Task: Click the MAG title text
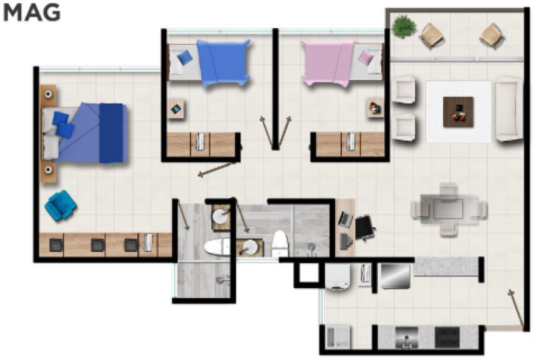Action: pos(31,13)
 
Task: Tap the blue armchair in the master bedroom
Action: pos(61,205)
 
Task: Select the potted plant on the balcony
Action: pos(404,26)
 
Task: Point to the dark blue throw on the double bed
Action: pos(111,133)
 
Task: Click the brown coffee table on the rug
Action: pos(458,112)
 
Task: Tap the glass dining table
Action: pos(448,209)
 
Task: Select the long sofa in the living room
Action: pos(508,109)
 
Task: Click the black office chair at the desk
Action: pos(364,227)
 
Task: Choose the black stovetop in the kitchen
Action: pos(447,337)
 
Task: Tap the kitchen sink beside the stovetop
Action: pos(406,337)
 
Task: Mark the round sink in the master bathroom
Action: pos(221,217)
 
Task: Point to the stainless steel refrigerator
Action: pos(395,276)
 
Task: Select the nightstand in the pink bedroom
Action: pos(375,108)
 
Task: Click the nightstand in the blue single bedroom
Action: pos(176,109)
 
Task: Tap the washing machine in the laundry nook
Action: pos(337,277)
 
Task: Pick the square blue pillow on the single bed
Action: pos(185,57)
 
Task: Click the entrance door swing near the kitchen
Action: pos(516,308)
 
